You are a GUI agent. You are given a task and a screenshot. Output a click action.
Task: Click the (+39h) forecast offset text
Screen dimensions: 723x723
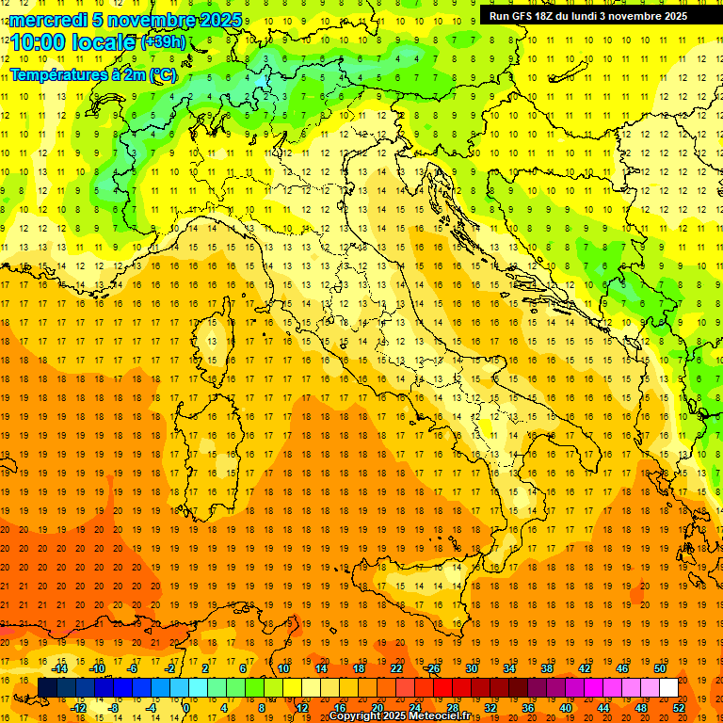(166, 41)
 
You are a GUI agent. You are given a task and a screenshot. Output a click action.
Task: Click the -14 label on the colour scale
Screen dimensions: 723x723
(59, 668)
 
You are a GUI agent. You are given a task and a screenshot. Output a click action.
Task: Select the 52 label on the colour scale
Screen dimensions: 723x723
(679, 708)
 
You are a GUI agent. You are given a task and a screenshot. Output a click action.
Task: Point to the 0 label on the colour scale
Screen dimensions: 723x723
(186, 708)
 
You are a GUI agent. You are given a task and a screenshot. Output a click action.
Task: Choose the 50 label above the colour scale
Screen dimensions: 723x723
(660, 668)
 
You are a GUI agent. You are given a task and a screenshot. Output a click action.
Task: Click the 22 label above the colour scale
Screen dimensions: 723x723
(396, 668)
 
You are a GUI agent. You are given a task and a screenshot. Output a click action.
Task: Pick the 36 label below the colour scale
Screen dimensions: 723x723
(528, 708)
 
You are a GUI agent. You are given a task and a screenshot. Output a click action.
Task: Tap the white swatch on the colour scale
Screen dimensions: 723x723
(668, 688)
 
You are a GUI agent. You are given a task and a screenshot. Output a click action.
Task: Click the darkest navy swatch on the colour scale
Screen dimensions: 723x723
(47, 688)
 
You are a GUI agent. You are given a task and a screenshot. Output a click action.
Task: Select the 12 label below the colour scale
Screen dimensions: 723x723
(301, 708)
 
